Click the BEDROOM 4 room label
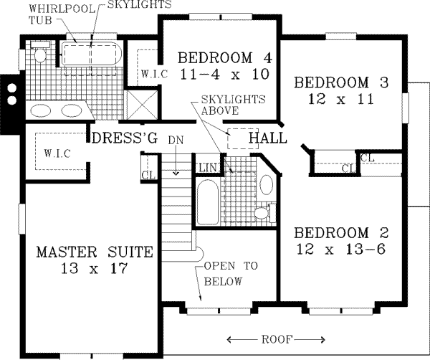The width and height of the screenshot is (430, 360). [216, 58]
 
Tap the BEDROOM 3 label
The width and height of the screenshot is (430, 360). [342, 82]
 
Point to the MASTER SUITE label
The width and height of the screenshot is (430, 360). [95, 252]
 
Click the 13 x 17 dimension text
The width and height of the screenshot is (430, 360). [95, 269]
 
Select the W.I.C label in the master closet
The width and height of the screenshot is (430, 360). [56, 153]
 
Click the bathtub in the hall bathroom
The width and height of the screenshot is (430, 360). [207, 202]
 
